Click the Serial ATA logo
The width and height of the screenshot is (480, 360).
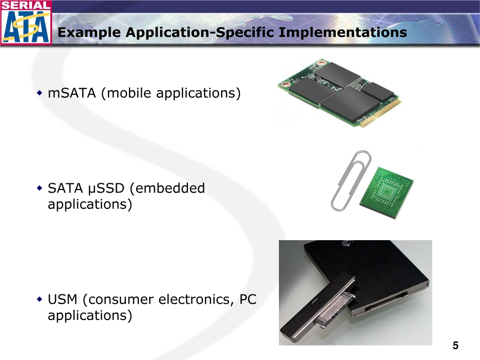click(x=26, y=23)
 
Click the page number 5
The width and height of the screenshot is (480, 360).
click(x=455, y=346)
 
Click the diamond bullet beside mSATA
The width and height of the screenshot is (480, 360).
click(x=39, y=93)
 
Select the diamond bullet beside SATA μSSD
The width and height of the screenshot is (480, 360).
click(x=39, y=188)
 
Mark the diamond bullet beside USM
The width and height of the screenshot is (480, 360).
click(x=39, y=299)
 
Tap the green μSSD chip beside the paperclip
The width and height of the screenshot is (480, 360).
click(x=387, y=193)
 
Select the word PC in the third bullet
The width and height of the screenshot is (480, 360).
click(x=248, y=300)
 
